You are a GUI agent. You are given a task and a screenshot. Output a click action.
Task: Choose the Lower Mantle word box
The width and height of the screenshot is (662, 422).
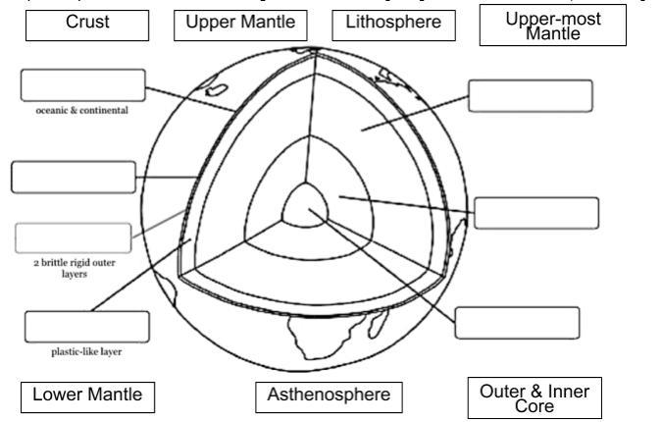87,396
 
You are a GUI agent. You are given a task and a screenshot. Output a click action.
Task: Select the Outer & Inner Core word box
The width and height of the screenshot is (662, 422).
535,397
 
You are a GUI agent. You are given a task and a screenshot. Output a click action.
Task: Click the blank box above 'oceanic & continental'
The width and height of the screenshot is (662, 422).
82,85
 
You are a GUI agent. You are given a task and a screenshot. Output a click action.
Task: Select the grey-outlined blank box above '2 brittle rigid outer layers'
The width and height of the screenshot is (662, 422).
72,237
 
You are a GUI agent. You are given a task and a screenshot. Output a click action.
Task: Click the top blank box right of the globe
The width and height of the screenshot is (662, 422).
531,96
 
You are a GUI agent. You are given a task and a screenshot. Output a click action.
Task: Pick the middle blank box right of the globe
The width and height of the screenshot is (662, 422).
536,213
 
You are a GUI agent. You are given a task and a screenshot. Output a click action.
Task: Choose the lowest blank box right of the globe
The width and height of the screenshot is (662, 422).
517,322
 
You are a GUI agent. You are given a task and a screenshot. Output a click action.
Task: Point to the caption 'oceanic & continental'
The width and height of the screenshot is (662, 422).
83,110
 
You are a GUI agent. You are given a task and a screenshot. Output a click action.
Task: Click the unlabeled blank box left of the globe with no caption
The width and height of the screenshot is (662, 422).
73,178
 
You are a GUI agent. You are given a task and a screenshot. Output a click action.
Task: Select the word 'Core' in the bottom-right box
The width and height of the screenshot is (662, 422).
535,406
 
